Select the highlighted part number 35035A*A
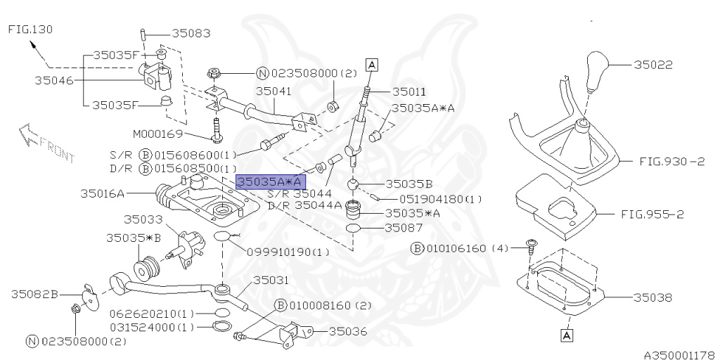click(x=271, y=182)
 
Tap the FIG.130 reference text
click(x=30, y=30)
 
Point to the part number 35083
click(x=191, y=33)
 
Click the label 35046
click(x=53, y=80)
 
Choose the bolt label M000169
click(x=158, y=134)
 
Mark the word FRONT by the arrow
click(x=57, y=150)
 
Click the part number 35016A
click(x=103, y=193)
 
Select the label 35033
click(x=142, y=220)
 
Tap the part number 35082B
click(x=35, y=294)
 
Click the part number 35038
click(x=653, y=297)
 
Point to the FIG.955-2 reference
click(x=652, y=214)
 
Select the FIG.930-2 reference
click(x=671, y=161)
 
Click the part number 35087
click(x=404, y=227)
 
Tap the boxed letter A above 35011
click(x=371, y=65)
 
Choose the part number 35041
click(x=274, y=91)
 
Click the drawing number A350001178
click(x=681, y=355)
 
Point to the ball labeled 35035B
click(x=353, y=185)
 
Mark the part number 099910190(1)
click(x=288, y=252)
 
